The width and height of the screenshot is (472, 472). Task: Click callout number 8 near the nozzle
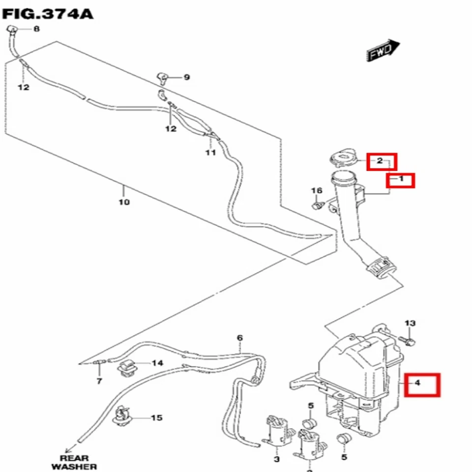pyautogui.click(x=36, y=29)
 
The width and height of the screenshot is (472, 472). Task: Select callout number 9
pyautogui.click(x=186, y=77)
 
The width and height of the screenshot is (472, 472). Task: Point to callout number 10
pyautogui.click(x=124, y=202)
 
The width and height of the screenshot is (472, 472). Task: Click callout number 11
pyautogui.click(x=210, y=153)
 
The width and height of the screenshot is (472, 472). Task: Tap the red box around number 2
pyautogui.click(x=382, y=161)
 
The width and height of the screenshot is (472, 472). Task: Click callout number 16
pyautogui.click(x=316, y=191)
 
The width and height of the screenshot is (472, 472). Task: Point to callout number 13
pyautogui.click(x=410, y=324)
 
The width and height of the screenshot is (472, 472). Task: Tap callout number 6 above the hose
pyautogui.click(x=239, y=338)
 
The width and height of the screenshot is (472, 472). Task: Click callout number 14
pyautogui.click(x=157, y=363)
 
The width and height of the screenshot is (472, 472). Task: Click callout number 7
pyautogui.click(x=98, y=381)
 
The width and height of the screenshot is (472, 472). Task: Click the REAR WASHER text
pyautogui.click(x=74, y=462)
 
